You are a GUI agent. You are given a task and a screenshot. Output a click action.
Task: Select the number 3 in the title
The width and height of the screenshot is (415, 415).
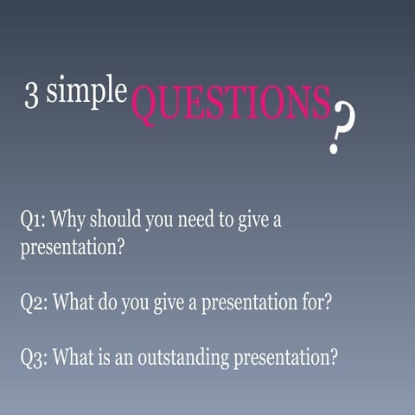pyautogui.click(x=31, y=97)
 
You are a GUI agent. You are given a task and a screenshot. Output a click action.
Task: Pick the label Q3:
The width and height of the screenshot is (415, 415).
pyautogui.click(x=35, y=357)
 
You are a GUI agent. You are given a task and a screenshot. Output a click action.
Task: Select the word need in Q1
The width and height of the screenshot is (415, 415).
pyautogui.click(x=195, y=220)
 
